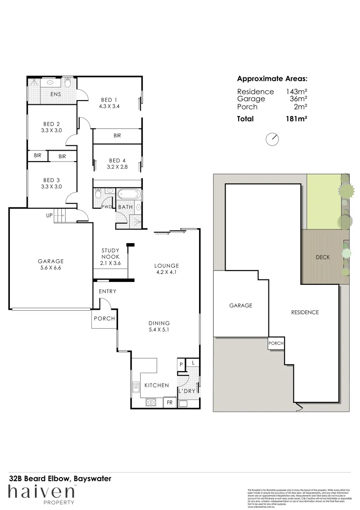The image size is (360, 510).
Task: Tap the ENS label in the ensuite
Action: [56, 94]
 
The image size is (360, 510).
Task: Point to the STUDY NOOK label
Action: [112, 254]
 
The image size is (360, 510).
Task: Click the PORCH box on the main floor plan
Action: [104, 319]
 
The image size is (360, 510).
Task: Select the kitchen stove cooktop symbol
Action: [151, 403]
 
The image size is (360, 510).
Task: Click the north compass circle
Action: [272, 139]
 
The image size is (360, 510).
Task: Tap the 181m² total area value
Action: [296, 119]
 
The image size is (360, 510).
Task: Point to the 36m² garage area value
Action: [298, 99]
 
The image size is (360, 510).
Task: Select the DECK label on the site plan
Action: [322, 257]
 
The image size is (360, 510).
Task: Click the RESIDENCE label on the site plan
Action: [304, 312]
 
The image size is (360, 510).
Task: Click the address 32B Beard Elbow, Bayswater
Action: [60, 478]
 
